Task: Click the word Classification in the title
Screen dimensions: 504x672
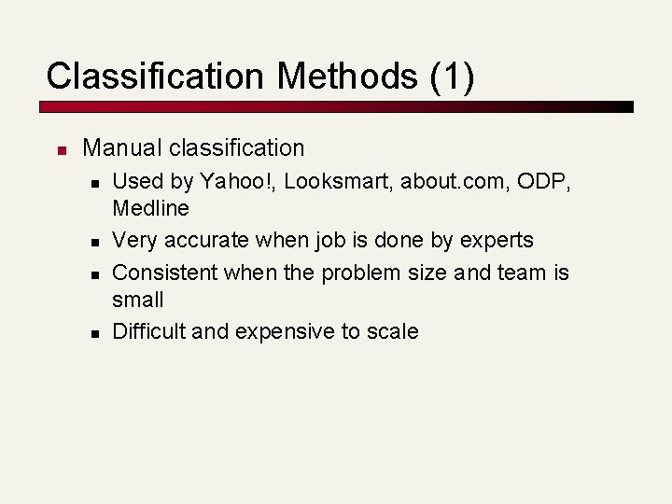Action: click(139, 77)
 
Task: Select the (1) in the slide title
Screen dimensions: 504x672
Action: click(453, 77)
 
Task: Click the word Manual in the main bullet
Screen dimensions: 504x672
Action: click(119, 147)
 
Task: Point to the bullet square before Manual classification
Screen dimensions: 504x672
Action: click(61, 149)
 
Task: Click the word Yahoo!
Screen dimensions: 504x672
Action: click(237, 180)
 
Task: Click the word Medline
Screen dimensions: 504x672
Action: click(150, 207)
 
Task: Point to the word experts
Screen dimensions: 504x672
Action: click(494, 240)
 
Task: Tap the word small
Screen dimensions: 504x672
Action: click(137, 300)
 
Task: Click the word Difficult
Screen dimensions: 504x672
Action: click(148, 331)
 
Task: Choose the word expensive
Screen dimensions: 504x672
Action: click(288, 331)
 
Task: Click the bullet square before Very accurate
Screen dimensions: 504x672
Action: click(93, 242)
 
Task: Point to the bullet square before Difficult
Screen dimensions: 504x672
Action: click(93, 333)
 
